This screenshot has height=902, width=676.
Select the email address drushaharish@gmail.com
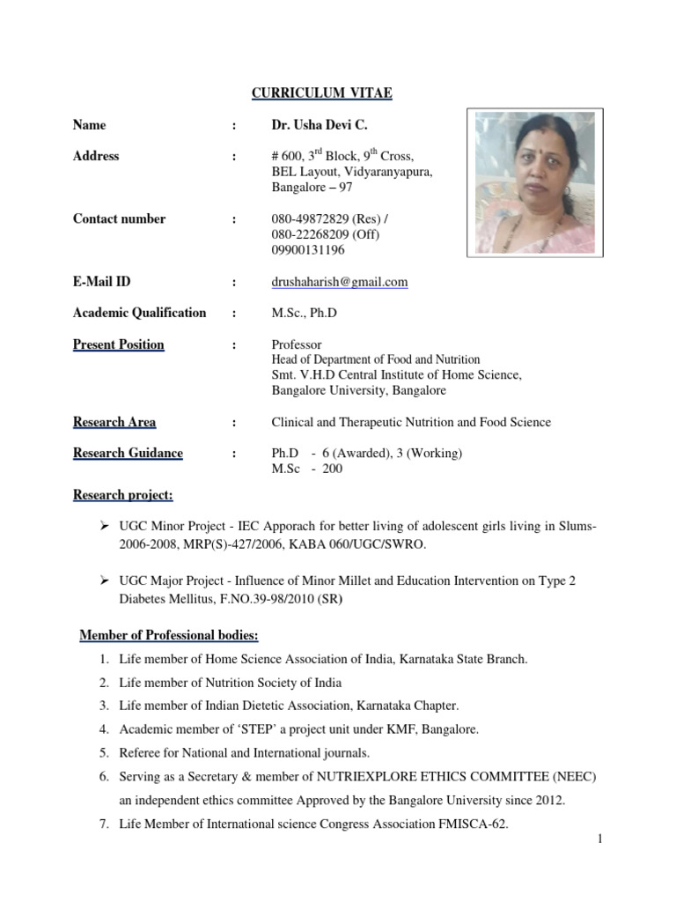[x=339, y=282]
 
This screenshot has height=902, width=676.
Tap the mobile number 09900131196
[x=308, y=250]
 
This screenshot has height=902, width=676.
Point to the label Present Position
[x=118, y=344]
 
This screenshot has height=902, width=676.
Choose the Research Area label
[x=114, y=422]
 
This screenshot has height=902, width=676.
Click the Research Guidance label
[x=128, y=454]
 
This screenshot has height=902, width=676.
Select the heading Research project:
[x=122, y=495]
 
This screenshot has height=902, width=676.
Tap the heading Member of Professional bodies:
[x=169, y=635]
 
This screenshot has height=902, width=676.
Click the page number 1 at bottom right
[x=599, y=839]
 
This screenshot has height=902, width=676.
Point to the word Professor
[x=297, y=344]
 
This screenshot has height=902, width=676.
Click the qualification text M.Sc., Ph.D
[x=305, y=313]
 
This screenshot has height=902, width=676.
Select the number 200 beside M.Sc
[x=332, y=469]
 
